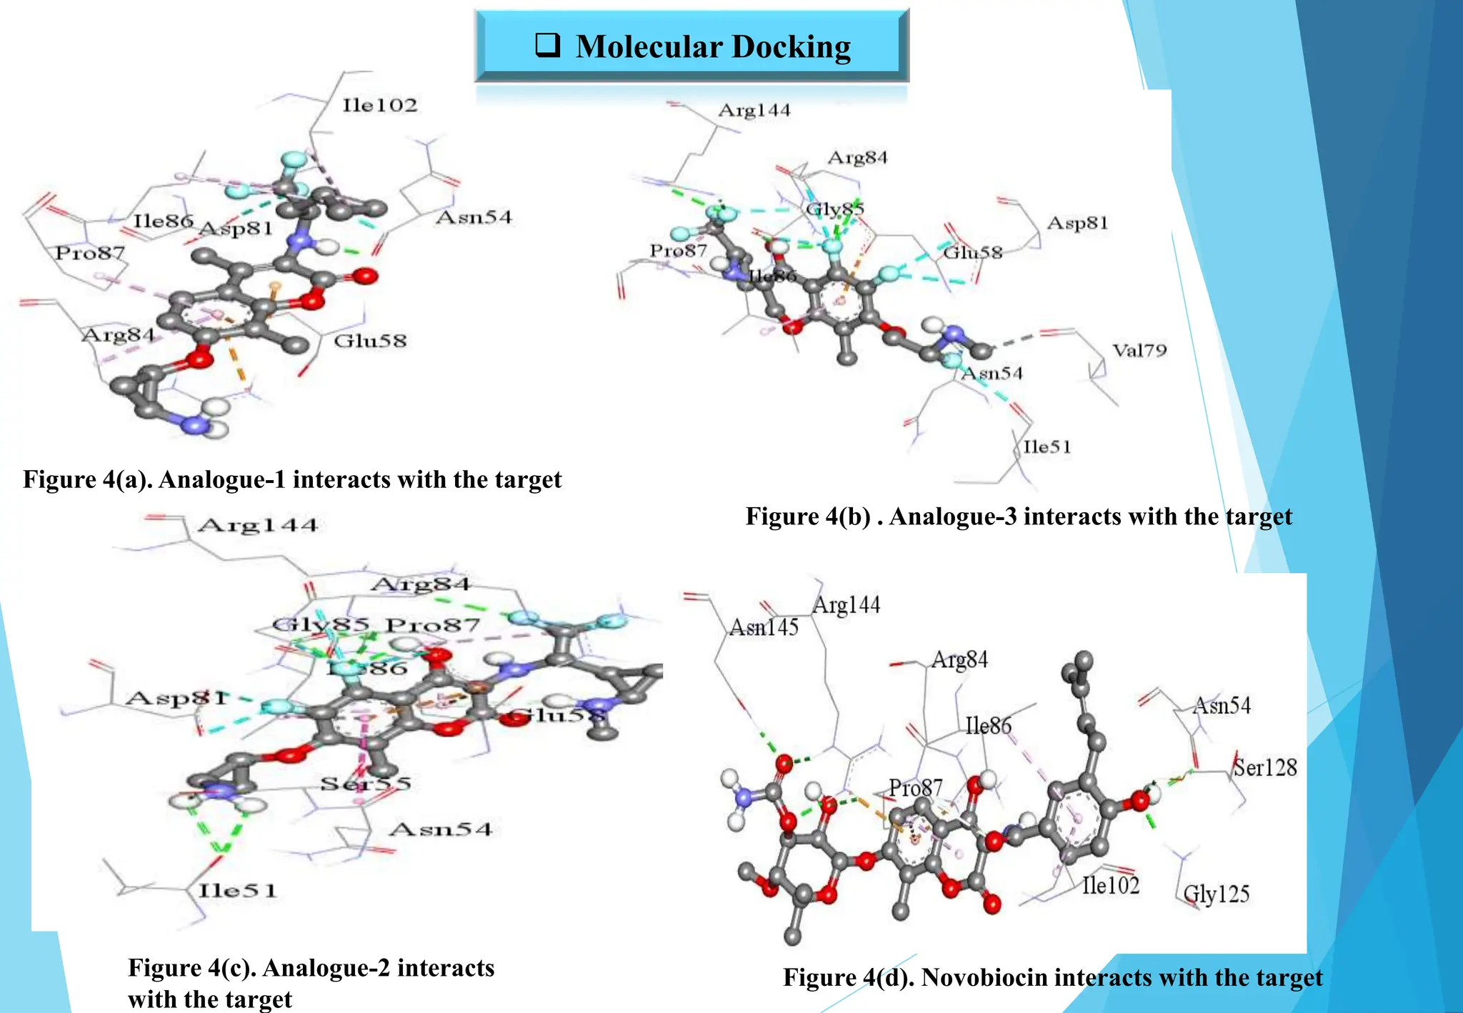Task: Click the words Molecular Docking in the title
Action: coord(713,47)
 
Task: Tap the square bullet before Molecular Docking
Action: coord(547,46)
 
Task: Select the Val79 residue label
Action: coord(1139,350)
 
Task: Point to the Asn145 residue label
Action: coord(764,627)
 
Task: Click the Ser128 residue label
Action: coord(1265,767)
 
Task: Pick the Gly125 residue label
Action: coord(1217,894)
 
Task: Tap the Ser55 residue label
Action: coord(366,784)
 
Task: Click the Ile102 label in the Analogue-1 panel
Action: coord(379,106)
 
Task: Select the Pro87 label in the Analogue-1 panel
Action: coord(90,252)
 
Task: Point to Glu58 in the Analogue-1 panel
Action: coord(370,341)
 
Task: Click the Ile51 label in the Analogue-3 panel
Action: coord(1047,447)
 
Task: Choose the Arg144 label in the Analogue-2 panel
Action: coord(258,526)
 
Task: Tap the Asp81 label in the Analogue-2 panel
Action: coord(176,698)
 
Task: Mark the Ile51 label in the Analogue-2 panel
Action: coord(237,891)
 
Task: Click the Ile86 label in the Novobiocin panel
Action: coord(988,726)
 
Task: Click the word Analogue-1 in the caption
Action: coord(222,479)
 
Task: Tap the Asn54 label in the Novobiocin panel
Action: coord(1222,706)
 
